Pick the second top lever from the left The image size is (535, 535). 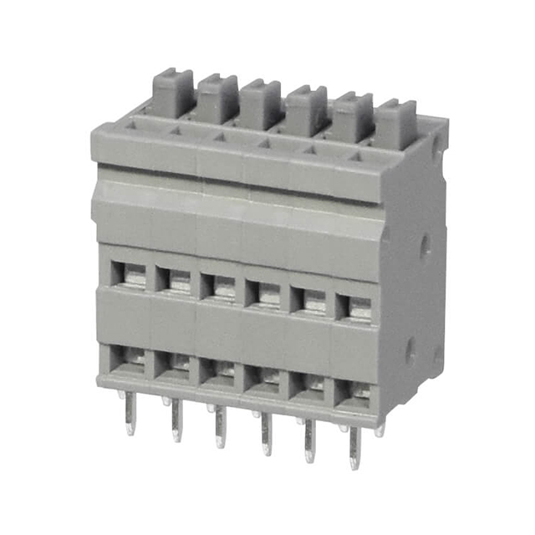click(x=218, y=97)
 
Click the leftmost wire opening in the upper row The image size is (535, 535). click(x=130, y=273)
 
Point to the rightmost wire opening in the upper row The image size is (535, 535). click(x=355, y=307)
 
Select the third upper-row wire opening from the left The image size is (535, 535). click(x=222, y=286)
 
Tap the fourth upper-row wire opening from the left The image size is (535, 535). click(x=267, y=293)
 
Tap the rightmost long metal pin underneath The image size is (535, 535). click(x=354, y=448)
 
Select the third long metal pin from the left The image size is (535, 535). click(x=219, y=426)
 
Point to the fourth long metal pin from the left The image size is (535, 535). click(x=265, y=433)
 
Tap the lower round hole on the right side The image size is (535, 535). click(x=411, y=352)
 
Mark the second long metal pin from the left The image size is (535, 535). click(x=176, y=420)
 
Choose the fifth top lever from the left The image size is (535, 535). click(x=352, y=116)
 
